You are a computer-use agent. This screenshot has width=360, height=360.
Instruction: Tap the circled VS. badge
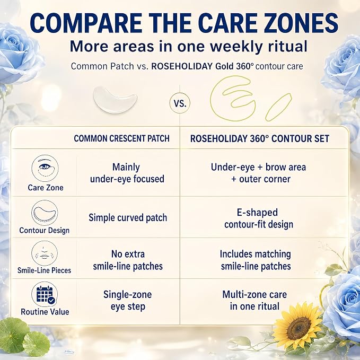point(180,103)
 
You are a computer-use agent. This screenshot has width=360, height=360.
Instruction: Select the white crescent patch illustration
point(115,100)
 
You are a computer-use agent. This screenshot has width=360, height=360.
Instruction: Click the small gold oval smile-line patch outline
point(278,107)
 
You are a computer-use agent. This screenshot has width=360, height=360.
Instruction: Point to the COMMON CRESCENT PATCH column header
point(122,138)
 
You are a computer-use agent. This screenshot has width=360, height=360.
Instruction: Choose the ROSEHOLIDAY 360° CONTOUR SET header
point(260,138)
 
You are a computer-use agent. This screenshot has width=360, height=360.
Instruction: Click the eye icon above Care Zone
point(45,168)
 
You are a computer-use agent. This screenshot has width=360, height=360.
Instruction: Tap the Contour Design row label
point(45,230)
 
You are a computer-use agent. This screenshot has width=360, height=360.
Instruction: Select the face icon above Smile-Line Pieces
point(45,253)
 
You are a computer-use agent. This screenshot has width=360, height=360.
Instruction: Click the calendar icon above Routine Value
point(45,294)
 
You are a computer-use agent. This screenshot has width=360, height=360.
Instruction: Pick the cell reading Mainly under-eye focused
point(127,173)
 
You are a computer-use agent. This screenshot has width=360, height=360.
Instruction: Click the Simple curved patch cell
point(128,218)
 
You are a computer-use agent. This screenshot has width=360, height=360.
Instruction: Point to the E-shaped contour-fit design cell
point(259,218)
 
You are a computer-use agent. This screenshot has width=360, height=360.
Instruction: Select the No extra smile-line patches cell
point(128,260)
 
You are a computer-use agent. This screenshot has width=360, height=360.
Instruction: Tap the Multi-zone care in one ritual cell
point(254,300)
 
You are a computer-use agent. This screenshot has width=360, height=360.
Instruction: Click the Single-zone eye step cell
point(127,301)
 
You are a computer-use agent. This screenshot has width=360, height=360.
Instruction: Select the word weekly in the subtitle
point(236,46)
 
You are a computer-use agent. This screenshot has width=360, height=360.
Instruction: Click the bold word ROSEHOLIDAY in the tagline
point(182,66)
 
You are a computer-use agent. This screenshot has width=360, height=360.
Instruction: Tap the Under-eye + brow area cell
point(259,173)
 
